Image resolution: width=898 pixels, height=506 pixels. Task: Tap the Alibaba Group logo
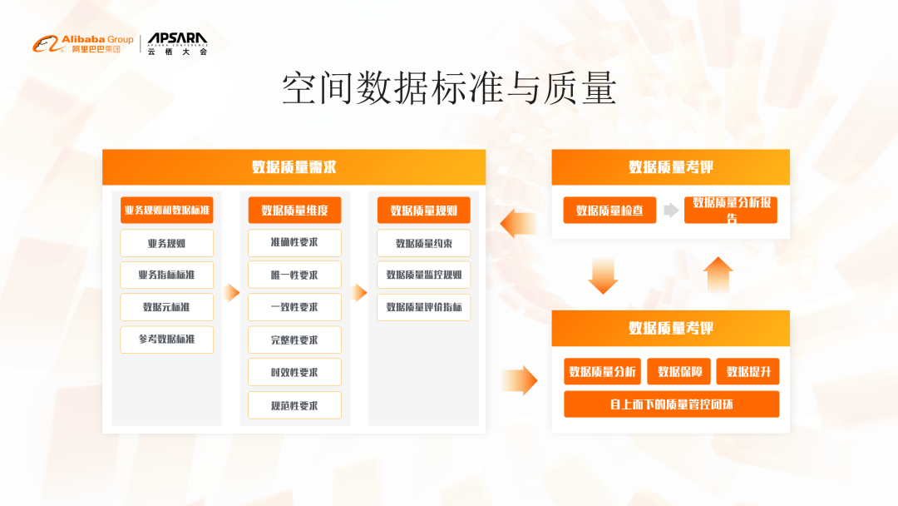point(83,44)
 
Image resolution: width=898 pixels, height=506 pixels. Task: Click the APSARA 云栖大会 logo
point(177,44)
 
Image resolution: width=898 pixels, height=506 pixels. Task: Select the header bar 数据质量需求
point(294,166)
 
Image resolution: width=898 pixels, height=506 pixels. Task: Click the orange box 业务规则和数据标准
point(167,211)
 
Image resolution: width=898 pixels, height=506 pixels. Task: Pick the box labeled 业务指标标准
point(167,275)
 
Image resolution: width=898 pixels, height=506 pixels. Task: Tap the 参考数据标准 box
point(167,340)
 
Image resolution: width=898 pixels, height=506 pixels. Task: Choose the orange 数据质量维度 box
point(294,211)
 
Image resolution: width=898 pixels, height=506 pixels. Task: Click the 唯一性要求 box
point(294,275)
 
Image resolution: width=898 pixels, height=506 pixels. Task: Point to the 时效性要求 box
point(294,372)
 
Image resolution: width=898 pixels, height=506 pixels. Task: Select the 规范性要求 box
point(294,405)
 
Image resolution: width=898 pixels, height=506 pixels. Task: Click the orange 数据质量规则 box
point(423,211)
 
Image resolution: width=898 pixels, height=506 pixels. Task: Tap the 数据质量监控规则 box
point(423,275)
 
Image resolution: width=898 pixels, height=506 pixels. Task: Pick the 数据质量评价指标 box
point(423,307)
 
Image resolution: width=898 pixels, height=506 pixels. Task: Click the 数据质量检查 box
point(609,211)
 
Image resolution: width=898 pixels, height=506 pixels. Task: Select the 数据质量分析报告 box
point(731,210)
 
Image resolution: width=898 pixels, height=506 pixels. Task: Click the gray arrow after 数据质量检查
point(671,211)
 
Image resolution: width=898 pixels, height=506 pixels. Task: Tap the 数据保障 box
point(678,371)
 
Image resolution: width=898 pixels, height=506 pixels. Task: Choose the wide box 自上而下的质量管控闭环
point(671,404)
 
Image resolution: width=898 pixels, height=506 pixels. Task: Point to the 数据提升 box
point(748,371)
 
